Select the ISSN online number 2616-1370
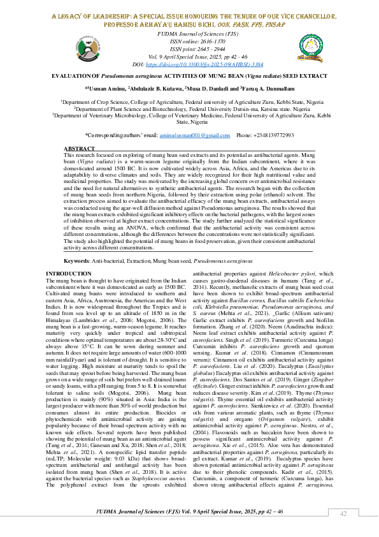pyautogui.click(x=203, y=40)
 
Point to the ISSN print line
pyautogui.click(x=189, y=48)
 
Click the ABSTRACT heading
pyautogui.click(x=79, y=148)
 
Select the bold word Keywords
pyautogui.click(x=77, y=261)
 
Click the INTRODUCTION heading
pyautogui.click(x=69, y=274)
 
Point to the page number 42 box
pyautogui.click(x=343, y=514)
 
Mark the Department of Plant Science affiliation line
pyautogui.click(x=189, y=109)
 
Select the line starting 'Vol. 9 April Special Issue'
pyautogui.click(x=189, y=56)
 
